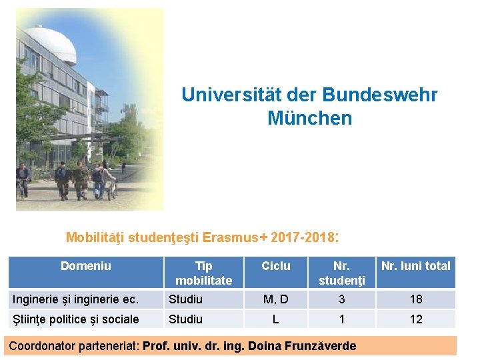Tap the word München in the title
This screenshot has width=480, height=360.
click(x=309, y=118)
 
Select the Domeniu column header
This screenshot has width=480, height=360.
click(x=86, y=266)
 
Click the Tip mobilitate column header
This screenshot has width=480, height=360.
click(x=203, y=273)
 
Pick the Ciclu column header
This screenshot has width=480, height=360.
click(x=275, y=266)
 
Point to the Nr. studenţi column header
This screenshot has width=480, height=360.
click(x=342, y=273)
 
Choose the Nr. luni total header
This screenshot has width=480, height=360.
click(x=416, y=266)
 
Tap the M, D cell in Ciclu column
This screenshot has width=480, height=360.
click(x=275, y=299)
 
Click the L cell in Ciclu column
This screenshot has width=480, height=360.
click(x=275, y=319)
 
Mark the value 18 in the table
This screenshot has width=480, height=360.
click(x=416, y=299)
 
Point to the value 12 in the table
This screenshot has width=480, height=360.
click(x=416, y=319)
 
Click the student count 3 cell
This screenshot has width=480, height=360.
click(x=342, y=299)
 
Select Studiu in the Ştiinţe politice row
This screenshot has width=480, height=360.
click(x=186, y=319)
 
